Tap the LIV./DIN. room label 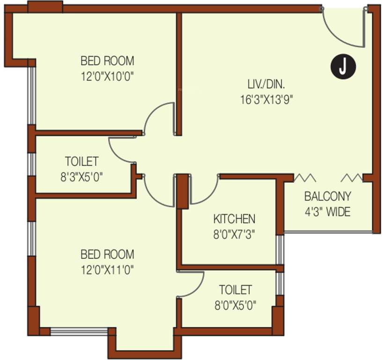point(266,84)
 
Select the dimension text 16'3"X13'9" point(266,99)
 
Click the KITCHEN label point(234,218)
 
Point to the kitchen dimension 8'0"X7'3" point(234,233)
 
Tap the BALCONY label point(327,196)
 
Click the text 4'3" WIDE point(327,212)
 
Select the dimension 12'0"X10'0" point(107,76)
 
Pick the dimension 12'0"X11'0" point(107,270)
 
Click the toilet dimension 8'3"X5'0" point(81,177)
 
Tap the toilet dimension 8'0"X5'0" point(235,305)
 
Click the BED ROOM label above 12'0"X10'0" point(107,61)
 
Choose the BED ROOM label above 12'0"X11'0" point(107,255)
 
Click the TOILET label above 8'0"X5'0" point(235,290)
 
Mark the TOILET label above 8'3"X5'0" point(81,162)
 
